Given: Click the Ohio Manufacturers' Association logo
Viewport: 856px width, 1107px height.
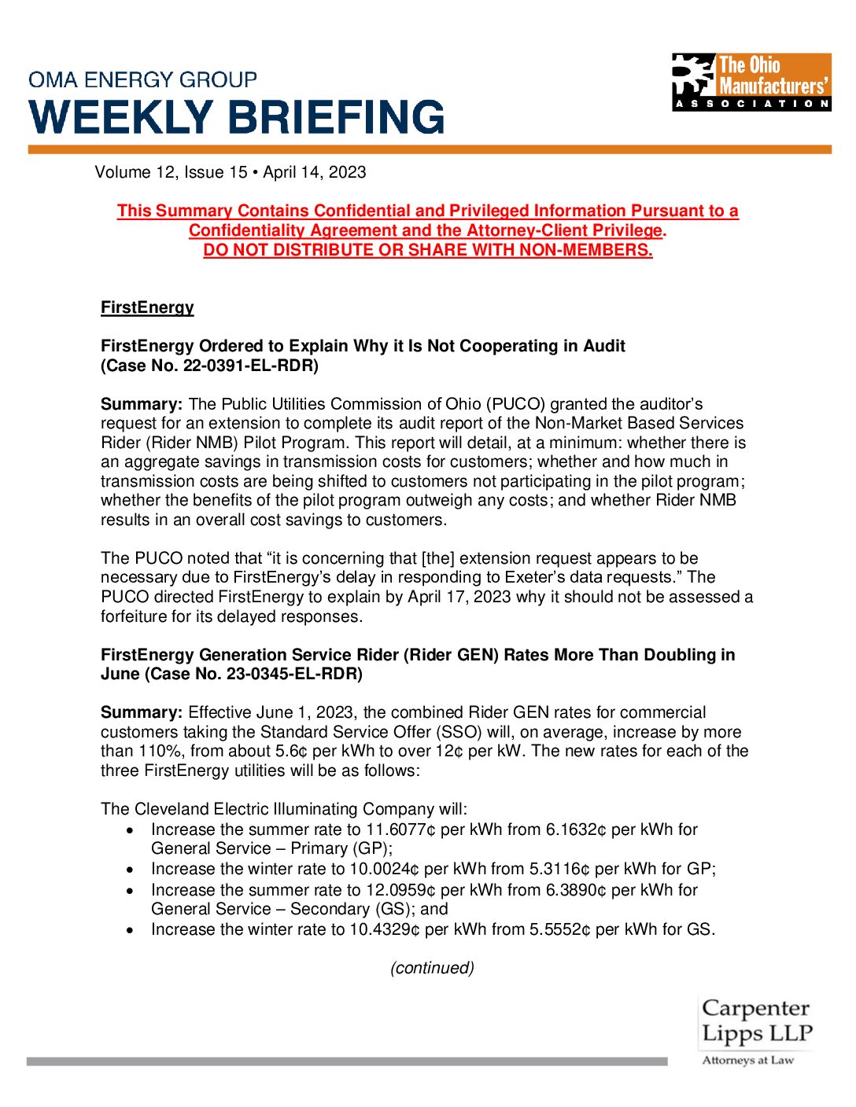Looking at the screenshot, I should (x=751, y=82).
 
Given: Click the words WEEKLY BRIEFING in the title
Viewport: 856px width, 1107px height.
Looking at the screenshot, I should (x=237, y=117).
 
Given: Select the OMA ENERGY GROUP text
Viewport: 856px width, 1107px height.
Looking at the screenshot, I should (x=142, y=80).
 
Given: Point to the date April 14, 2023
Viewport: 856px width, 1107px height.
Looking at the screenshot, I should (x=315, y=172).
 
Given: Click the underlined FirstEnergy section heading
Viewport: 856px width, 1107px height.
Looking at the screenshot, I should (x=147, y=307).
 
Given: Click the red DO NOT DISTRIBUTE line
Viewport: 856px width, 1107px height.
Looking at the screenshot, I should (x=427, y=250).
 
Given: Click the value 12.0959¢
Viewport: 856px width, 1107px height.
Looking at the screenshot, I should (x=400, y=890).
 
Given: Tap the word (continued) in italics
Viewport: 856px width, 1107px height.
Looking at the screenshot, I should (x=432, y=968).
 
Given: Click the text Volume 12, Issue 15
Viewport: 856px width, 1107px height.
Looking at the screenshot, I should (x=171, y=172).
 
